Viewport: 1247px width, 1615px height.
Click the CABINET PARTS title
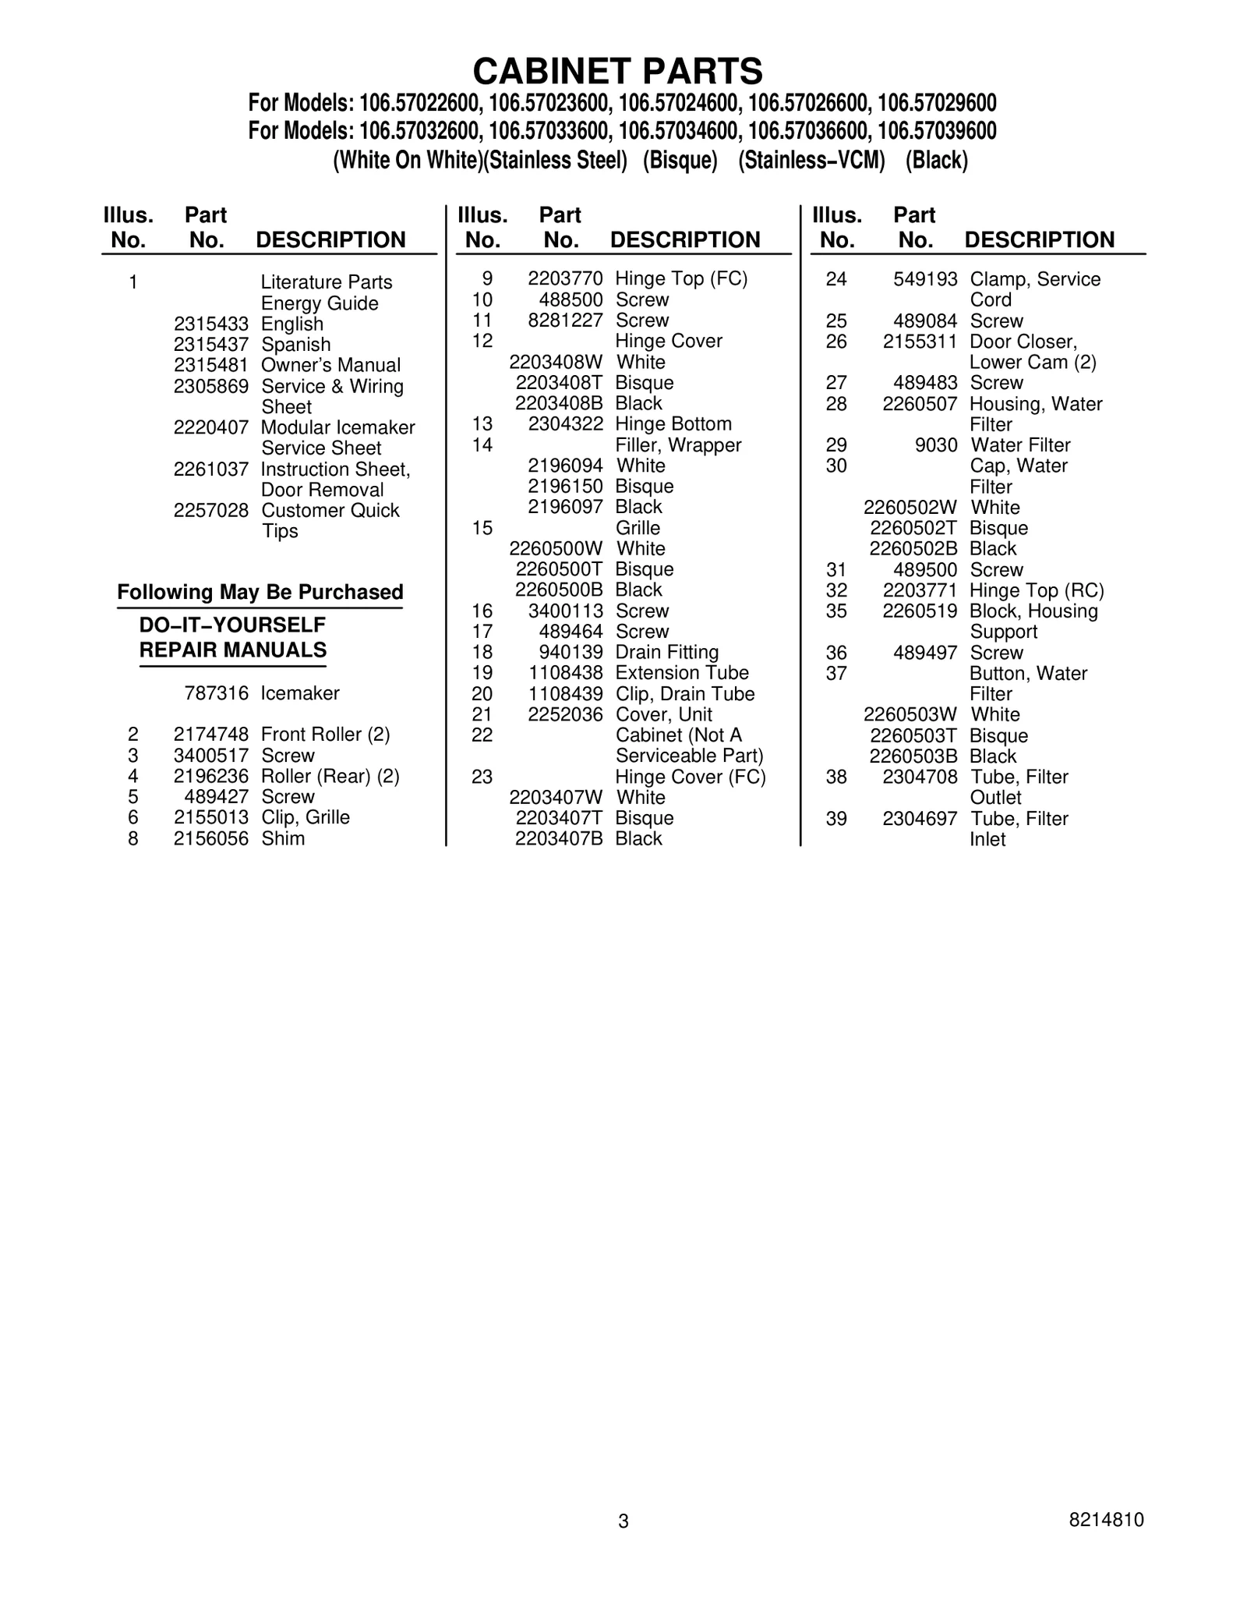617,72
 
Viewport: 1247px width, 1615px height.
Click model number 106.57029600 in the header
937,104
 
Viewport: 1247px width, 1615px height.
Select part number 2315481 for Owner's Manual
210,366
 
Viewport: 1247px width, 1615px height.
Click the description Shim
283,839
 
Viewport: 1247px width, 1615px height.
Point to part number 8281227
565,321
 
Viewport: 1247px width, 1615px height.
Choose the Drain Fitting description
666,653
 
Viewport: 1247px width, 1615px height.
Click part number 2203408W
556,363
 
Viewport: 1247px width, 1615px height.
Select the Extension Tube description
681,673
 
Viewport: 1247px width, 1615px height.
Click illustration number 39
835,819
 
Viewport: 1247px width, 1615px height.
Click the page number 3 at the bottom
623,1521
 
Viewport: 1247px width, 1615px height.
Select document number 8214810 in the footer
1106,1520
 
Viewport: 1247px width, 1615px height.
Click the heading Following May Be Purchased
260,593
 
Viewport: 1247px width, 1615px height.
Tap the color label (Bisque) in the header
680,161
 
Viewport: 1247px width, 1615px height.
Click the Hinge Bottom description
673,424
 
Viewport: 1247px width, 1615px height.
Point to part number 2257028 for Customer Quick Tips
210,511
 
